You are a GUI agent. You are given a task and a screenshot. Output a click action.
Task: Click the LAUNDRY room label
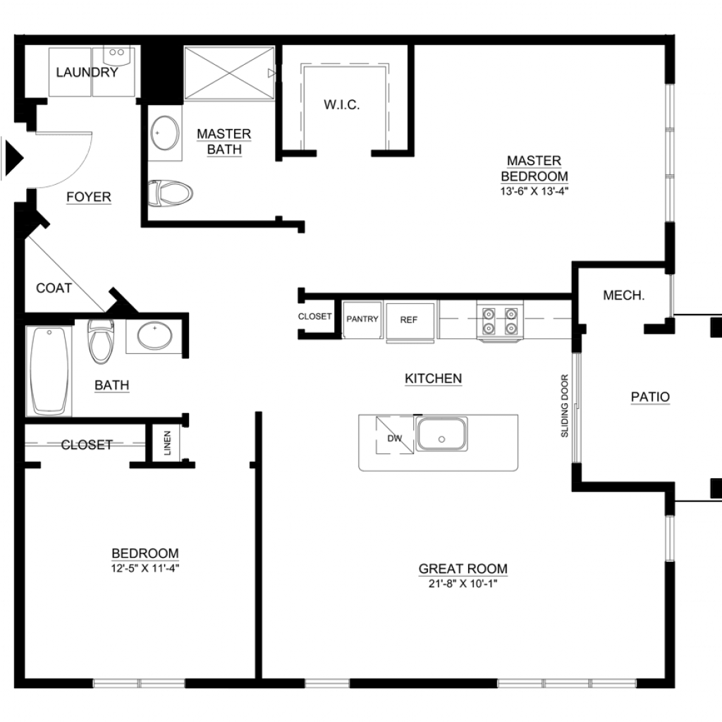(x=87, y=73)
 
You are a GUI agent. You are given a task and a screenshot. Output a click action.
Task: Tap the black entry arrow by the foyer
(x=13, y=158)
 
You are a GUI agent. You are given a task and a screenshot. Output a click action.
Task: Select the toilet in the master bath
(x=170, y=193)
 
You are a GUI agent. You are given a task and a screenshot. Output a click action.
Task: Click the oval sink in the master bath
(x=165, y=133)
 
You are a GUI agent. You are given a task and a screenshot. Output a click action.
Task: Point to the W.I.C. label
(x=342, y=105)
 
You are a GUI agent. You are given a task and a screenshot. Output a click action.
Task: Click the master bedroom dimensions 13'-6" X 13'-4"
(x=534, y=191)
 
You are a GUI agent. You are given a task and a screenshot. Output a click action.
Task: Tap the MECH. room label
(x=623, y=295)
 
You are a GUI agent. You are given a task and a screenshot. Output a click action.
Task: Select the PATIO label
(x=650, y=396)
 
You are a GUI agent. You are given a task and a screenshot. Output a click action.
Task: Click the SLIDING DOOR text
(x=565, y=405)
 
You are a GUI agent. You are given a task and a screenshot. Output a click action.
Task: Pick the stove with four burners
(x=500, y=321)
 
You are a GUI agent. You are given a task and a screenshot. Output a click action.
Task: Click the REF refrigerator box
(x=410, y=321)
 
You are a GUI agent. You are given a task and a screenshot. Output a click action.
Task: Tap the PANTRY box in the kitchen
(x=362, y=319)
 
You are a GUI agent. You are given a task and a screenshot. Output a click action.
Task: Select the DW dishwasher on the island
(x=395, y=435)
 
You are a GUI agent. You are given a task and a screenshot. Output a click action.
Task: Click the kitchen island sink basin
(x=441, y=434)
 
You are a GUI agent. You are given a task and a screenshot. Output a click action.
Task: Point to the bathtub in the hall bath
(x=49, y=371)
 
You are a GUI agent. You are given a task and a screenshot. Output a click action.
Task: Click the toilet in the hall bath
(x=101, y=341)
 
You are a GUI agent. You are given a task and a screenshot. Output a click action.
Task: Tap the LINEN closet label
(x=167, y=443)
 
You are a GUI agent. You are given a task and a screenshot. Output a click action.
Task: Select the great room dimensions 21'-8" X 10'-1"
(x=463, y=583)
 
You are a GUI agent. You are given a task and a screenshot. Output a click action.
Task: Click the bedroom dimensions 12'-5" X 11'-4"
(x=145, y=568)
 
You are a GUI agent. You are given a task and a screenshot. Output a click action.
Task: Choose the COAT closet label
(x=54, y=288)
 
